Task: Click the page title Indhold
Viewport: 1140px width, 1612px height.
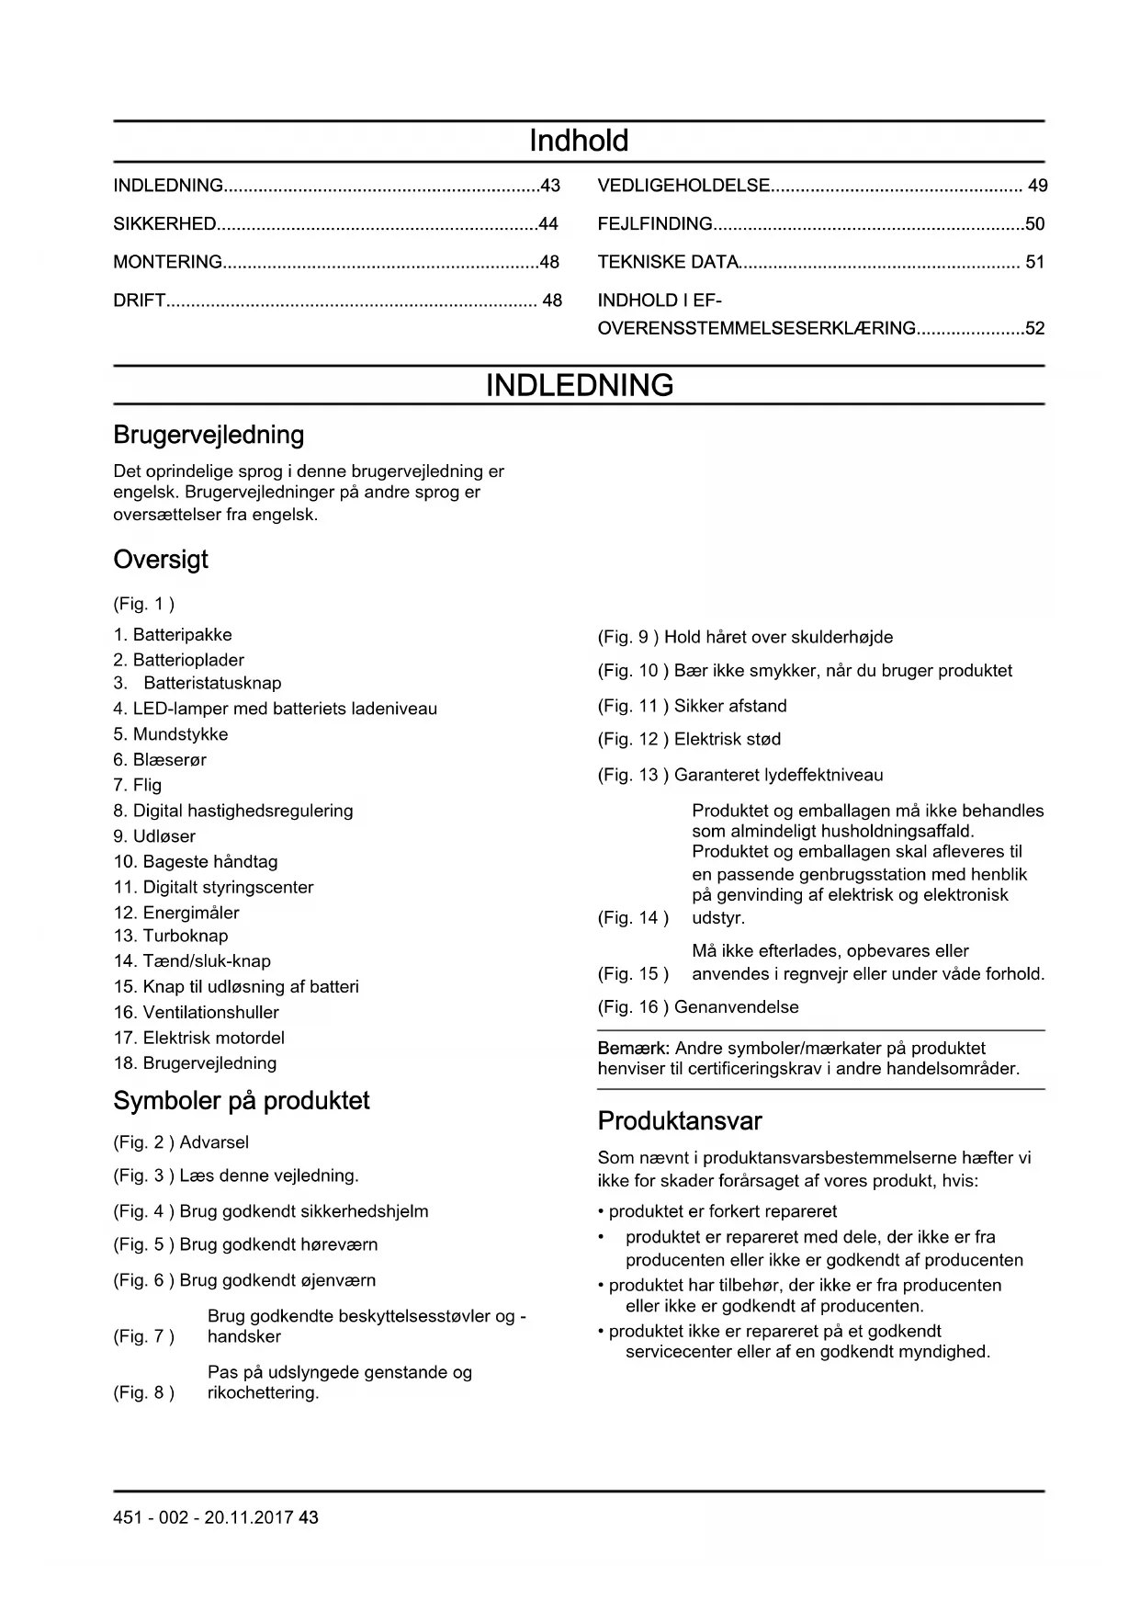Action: [x=579, y=141]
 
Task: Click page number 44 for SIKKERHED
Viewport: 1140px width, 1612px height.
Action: [x=548, y=223]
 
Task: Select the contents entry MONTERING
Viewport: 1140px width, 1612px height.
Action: [x=168, y=262]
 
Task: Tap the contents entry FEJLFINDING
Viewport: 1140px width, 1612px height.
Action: [x=655, y=223]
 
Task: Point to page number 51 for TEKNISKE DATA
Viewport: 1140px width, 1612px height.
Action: [x=1035, y=262]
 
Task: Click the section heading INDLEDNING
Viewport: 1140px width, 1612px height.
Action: [x=579, y=385]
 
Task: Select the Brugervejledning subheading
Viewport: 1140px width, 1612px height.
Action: [x=209, y=435]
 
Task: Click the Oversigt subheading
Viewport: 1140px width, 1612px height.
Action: [x=161, y=560]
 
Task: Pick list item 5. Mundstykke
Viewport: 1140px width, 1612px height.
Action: [x=171, y=734]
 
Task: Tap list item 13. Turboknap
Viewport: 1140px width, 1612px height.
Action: [x=171, y=936]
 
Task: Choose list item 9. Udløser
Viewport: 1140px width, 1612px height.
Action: [x=154, y=836]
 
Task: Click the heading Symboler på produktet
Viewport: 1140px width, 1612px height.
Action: [x=242, y=1101]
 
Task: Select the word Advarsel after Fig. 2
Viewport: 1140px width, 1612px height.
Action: [x=214, y=1142]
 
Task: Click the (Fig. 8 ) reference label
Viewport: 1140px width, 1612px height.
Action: [x=143, y=1392]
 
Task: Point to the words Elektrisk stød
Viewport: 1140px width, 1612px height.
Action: [x=728, y=739]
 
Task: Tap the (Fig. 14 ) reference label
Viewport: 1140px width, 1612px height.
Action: [x=633, y=917]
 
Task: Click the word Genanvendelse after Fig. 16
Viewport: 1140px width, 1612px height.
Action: [x=737, y=1006]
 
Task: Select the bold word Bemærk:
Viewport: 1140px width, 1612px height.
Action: [x=634, y=1048]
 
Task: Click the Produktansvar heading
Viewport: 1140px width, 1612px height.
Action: [x=680, y=1121]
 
